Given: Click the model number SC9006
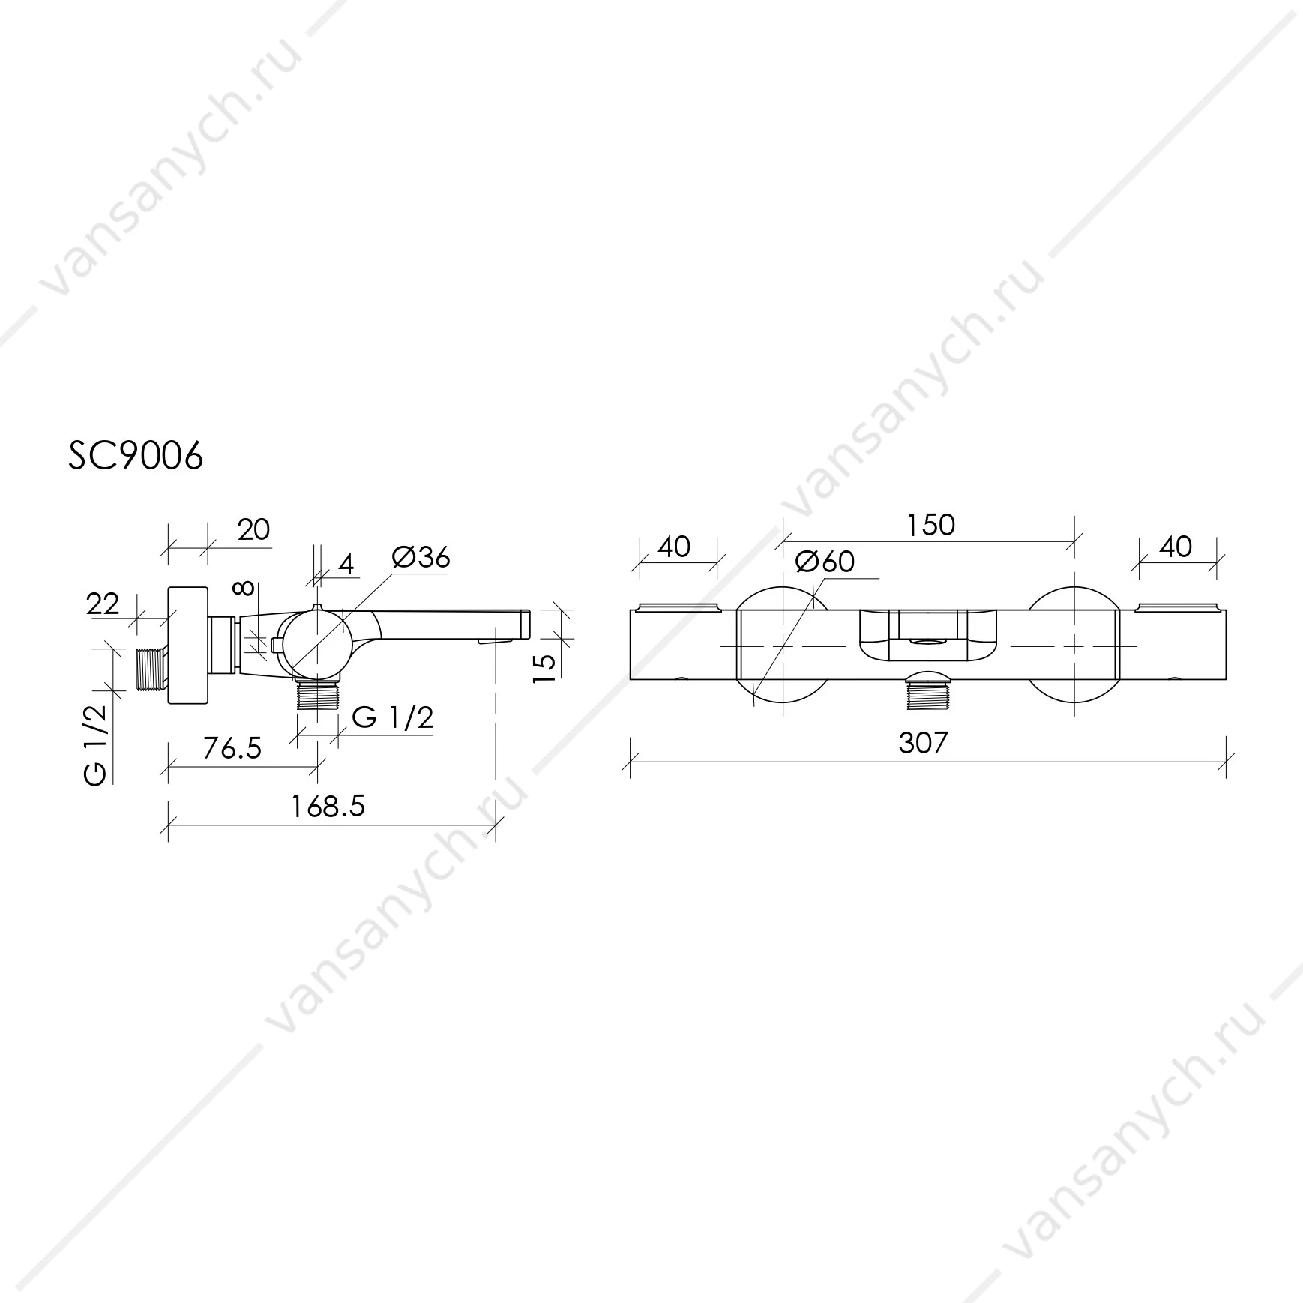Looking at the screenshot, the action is (x=136, y=455).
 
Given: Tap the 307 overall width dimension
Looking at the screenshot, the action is (x=923, y=742).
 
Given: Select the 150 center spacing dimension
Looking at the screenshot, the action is (x=930, y=525).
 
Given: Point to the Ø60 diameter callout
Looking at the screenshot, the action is (x=825, y=561).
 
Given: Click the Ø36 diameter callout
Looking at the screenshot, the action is (x=421, y=557).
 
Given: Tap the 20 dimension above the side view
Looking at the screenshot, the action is (x=253, y=529).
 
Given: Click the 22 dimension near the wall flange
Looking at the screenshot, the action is (x=103, y=604).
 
